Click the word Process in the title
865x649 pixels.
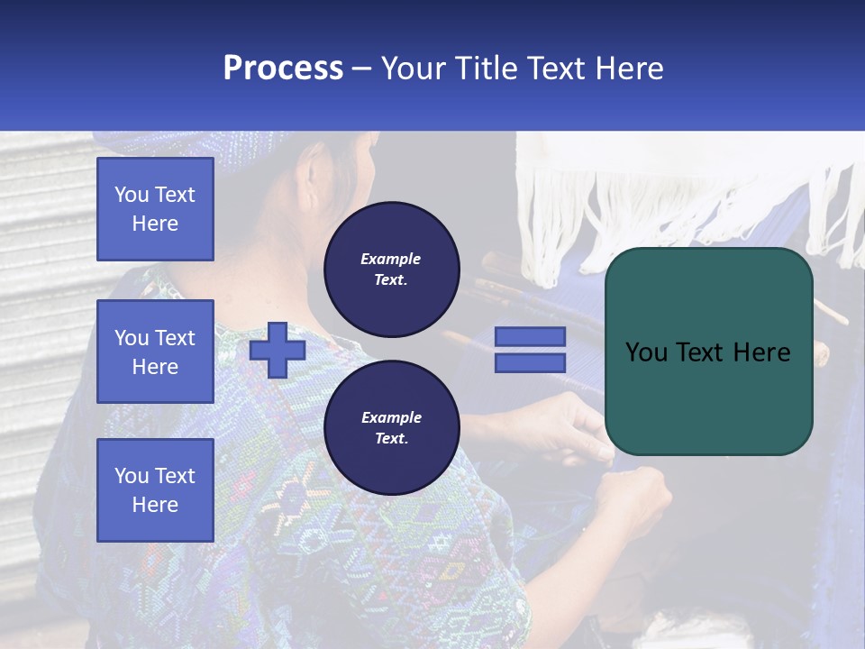tap(283, 69)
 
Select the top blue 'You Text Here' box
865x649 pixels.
tap(155, 209)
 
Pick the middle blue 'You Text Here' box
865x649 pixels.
tap(155, 352)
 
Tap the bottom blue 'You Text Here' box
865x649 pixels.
tap(155, 490)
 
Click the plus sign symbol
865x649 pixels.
tap(278, 351)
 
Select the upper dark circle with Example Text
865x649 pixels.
tap(391, 270)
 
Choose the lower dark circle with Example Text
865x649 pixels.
tap(391, 428)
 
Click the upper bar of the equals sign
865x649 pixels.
tap(530, 336)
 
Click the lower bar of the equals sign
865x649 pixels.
tap(530, 363)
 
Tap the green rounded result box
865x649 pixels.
tap(708, 352)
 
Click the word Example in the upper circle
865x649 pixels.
tap(390, 259)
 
